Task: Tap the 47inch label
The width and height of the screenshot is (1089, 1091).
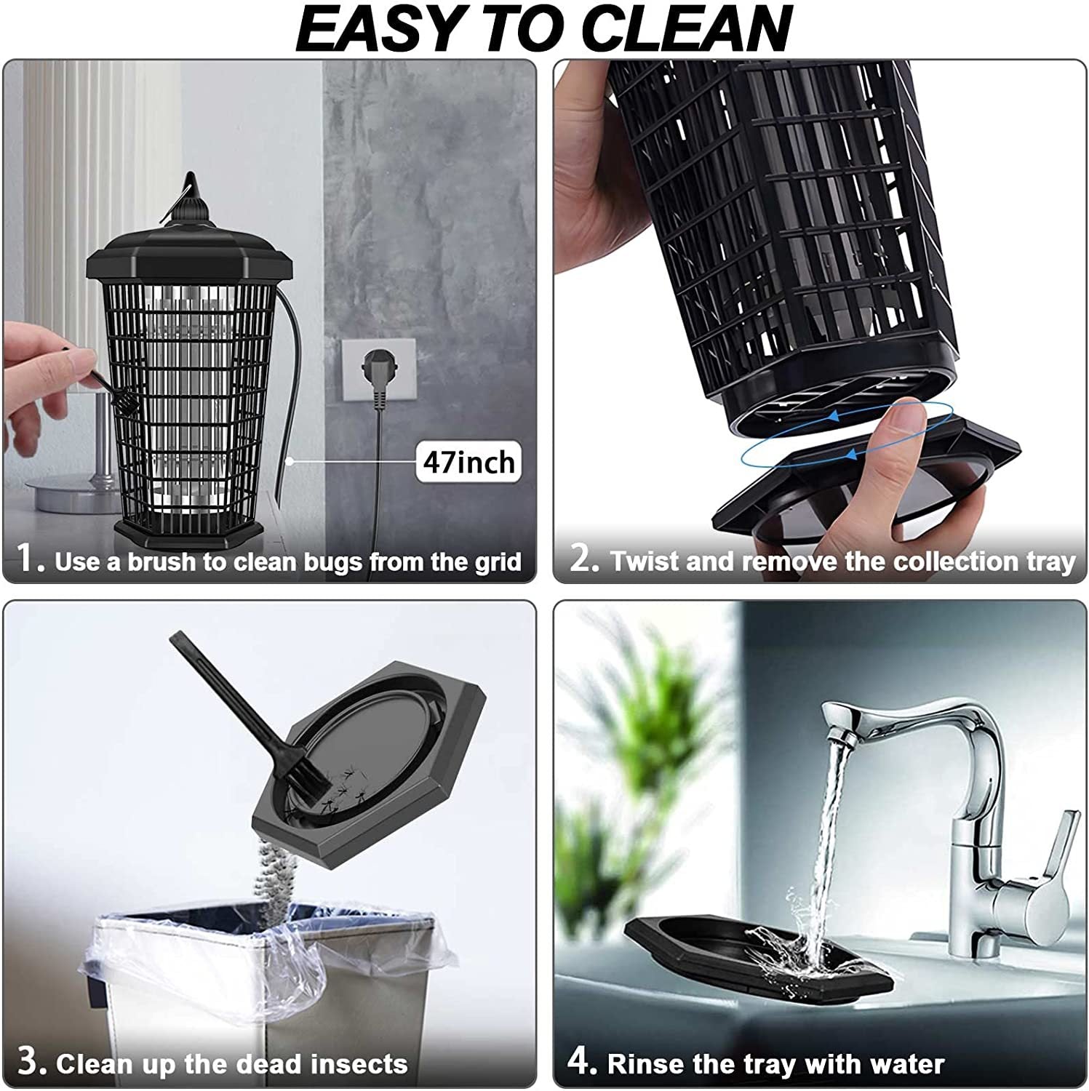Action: (x=468, y=462)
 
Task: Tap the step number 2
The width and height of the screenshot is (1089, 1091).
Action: (x=583, y=559)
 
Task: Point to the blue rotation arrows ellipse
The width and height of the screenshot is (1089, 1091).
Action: (x=846, y=434)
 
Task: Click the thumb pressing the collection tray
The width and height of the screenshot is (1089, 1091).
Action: (x=899, y=422)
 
